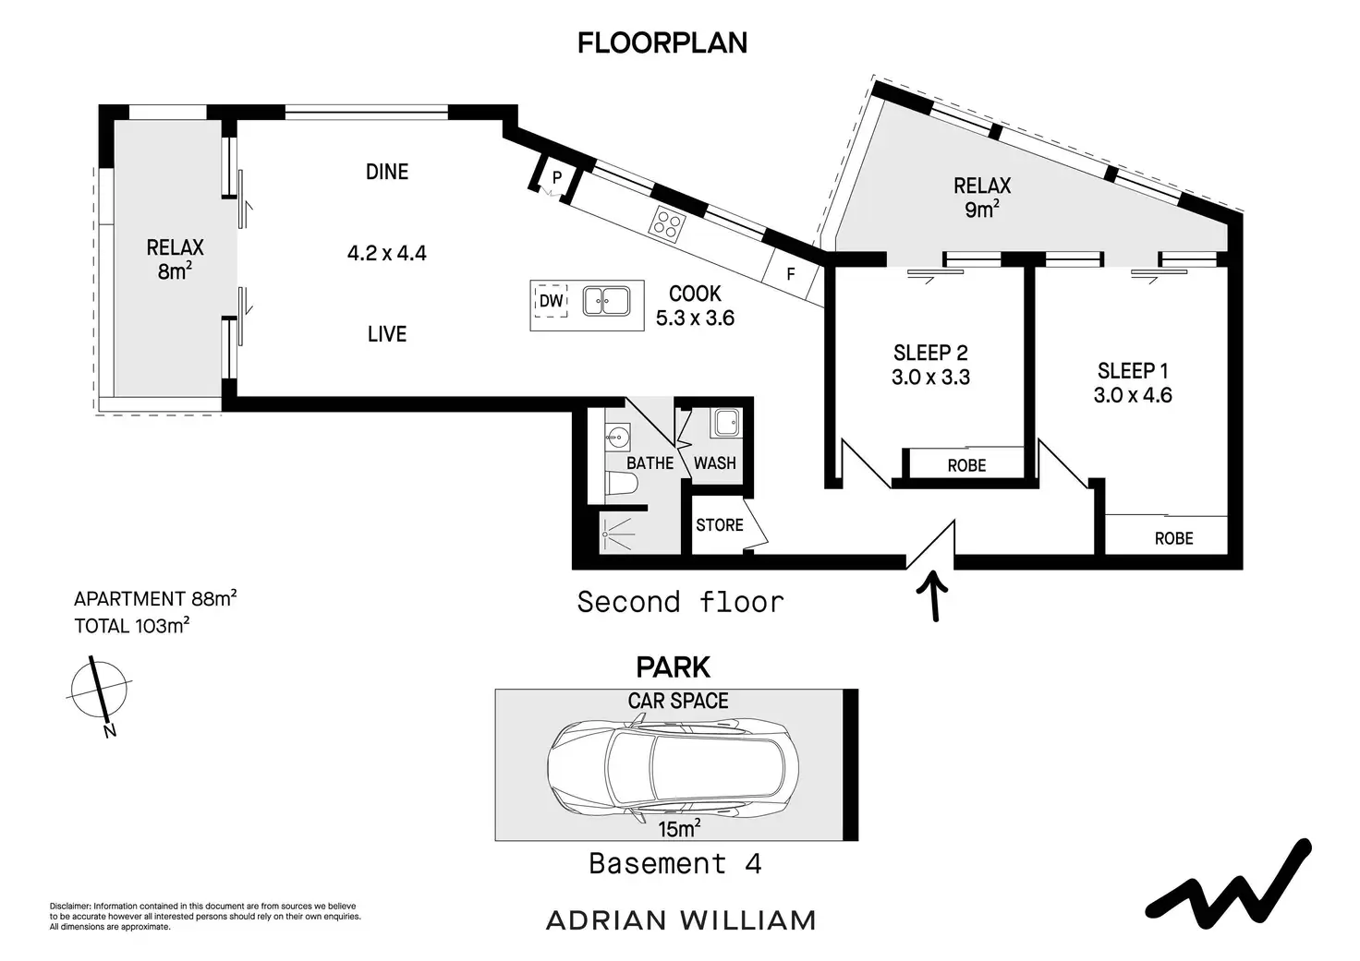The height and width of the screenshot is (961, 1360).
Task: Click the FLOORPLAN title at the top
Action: (662, 43)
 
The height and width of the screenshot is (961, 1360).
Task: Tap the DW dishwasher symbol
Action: (551, 301)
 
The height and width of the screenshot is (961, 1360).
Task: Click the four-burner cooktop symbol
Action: (669, 223)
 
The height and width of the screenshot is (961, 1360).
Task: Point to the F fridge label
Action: (791, 275)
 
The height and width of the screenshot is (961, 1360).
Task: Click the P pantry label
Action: (556, 177)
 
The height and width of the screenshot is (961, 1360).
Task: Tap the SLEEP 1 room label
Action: (1133, 371)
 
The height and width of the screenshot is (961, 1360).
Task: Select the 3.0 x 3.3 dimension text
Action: (930, 377)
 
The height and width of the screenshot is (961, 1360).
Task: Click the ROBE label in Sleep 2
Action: (966, 465)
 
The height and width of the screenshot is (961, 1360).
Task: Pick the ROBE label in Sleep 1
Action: (1173, 538)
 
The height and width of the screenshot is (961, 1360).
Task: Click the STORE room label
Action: (719, 525)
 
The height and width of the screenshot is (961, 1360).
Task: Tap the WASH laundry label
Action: (714, 462)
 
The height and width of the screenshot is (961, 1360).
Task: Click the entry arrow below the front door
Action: (935, 595)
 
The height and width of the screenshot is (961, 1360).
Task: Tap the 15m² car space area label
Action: (678, 829)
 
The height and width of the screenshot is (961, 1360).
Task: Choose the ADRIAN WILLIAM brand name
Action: (681, 920)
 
